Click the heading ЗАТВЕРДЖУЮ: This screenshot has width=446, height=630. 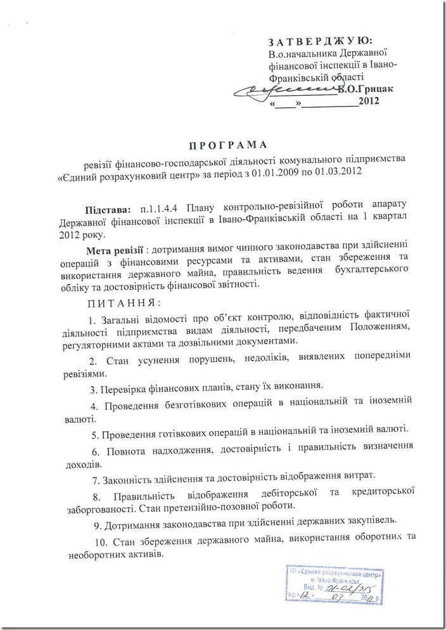(321, 42)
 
